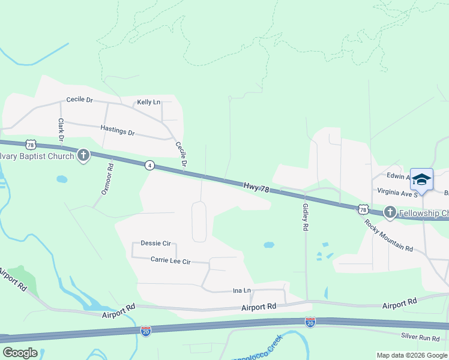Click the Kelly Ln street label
coord(149,103)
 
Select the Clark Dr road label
coord(61,130)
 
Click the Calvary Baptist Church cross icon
coord(83,156)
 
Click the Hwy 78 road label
coord(257,188)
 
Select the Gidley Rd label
coord(306,218)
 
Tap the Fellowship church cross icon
coord(390,212)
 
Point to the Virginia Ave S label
coord(397,194)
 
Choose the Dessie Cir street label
coord(155,243)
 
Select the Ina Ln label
coord(241,290)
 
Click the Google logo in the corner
coord(20,353)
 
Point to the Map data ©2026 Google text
coord(411,355)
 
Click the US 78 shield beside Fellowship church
coord(363,209)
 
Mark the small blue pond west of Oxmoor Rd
coord(62,179)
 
